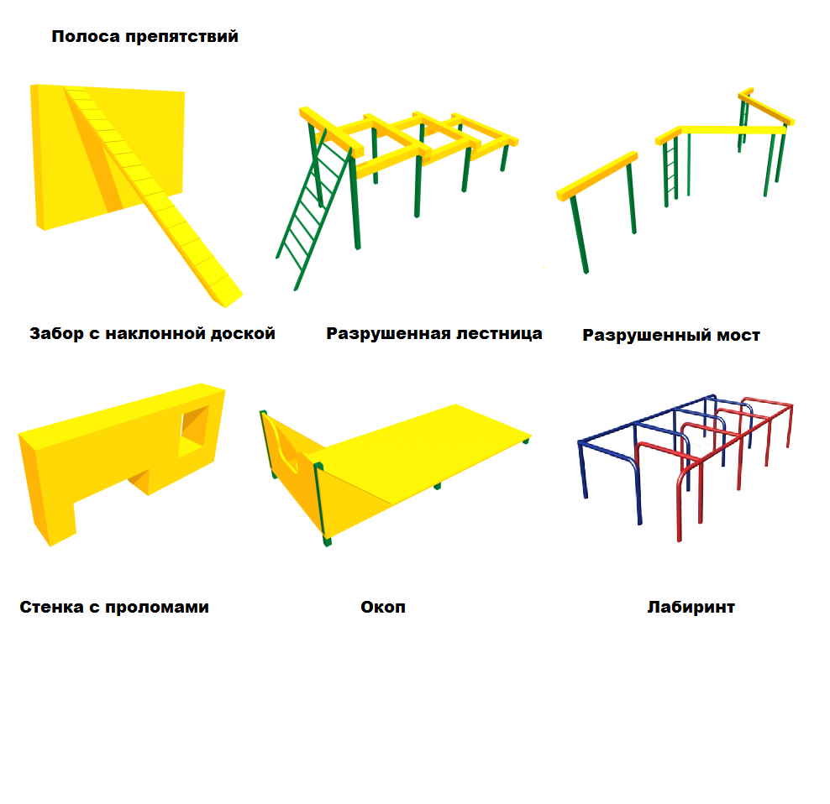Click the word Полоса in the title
click(86, 36)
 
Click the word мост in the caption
click(738, 336)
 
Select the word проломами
click(157, 608)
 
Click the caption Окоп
click(383, 607)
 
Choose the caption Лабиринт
click(691, 608)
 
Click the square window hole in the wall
click(194, 428)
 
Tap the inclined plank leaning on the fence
click(154, 195)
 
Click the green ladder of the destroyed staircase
click(313, 209)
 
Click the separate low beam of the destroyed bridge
click(597, 175)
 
